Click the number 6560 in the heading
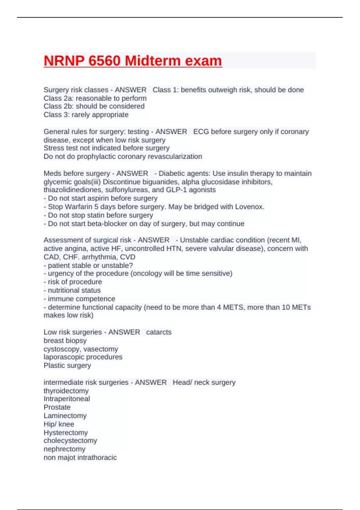tap(104, 61)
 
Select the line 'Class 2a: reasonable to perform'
tap(95, 98)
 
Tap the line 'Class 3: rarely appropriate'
tap(86, 115)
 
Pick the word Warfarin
tap(79, 207)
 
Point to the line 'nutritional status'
tap(74, 290)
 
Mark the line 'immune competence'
tap(81, 299)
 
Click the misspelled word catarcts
tap(159, 332)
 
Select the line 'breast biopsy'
tap(65, 340)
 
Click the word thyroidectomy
tap(66, 391)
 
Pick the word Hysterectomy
tap(66, 433)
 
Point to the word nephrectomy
tap(64, 449)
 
